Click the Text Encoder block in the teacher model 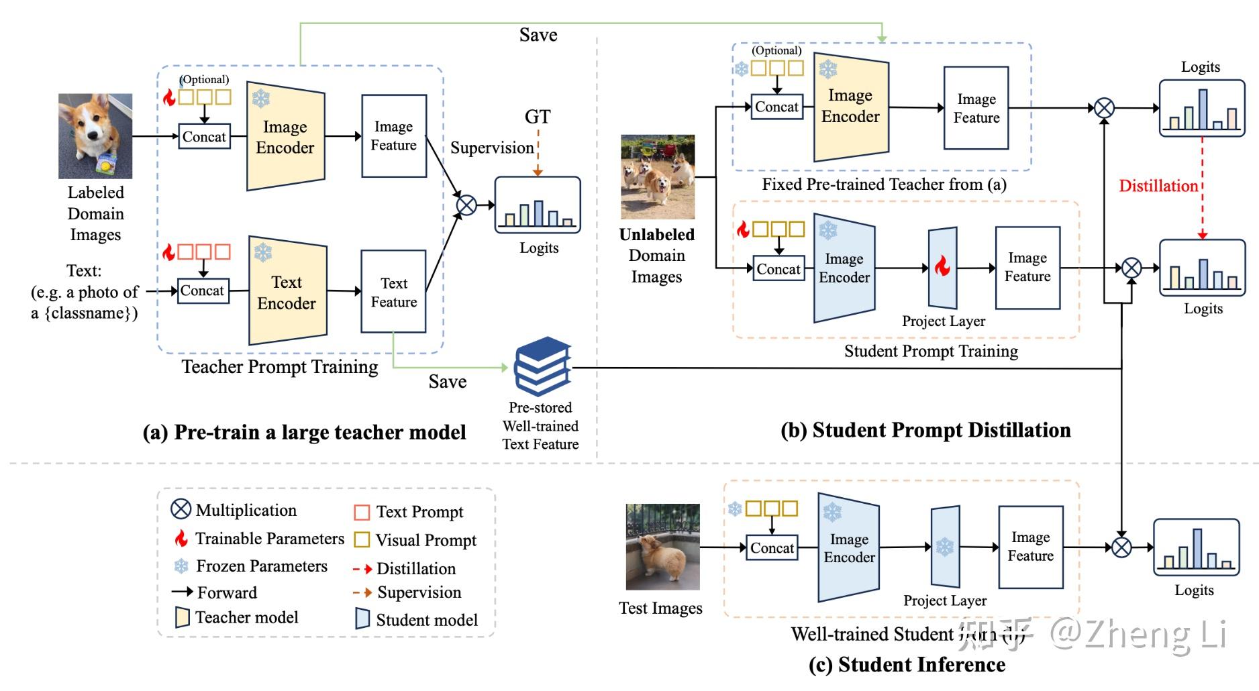[287, 292]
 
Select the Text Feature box [393, 292]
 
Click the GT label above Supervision [538, 117]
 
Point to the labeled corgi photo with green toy [95, 136]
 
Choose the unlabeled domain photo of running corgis [657, 176]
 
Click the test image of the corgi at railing [662, 547]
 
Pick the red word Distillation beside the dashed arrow [1158, 186]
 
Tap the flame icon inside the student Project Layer [942, 267]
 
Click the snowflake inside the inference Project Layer [945, 547]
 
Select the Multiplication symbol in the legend [181, 509]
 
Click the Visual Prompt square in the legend [362, 539]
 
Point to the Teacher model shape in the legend [182, 617]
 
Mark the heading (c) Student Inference [907, 664]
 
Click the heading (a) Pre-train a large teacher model [304, 432]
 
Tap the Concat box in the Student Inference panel [772, 547]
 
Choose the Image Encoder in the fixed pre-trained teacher [850, 107]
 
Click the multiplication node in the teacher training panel [466, 205]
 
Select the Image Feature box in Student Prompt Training [1027, 268]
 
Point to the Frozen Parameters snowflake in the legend [181, 566]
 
